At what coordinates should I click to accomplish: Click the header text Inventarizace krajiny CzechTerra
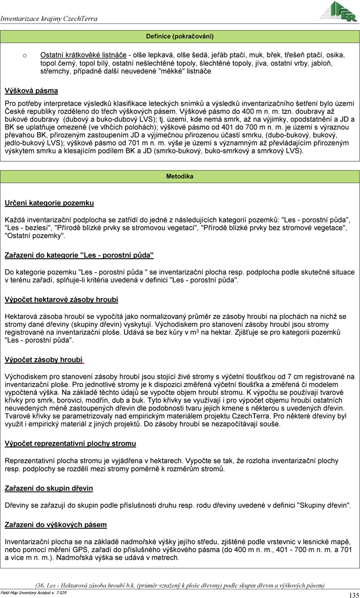point(49,18)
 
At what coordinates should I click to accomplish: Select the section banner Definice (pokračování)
point(180,37)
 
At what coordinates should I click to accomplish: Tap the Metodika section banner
point(180,176)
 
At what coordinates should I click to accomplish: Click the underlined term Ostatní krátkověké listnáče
point(84,55)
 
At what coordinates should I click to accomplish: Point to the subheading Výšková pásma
point(31,91)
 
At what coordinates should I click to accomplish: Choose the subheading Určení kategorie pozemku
point(49,203)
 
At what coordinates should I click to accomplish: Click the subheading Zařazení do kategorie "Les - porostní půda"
point(79,255)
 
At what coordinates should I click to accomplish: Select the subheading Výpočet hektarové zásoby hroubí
point(61,300)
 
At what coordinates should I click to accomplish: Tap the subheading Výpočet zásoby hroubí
point(43,360)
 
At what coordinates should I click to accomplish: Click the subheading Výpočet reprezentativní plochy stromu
point(70,443)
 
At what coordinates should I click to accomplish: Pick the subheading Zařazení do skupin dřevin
point(49,488)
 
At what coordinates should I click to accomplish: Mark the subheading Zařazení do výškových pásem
point(55,525)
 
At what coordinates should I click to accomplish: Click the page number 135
point(354,595)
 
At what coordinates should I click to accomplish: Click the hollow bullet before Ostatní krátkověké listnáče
point(25,55)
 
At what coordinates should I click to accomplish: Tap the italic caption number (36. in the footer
point(41,585)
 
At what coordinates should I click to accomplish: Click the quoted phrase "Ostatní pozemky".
point(35,236)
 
